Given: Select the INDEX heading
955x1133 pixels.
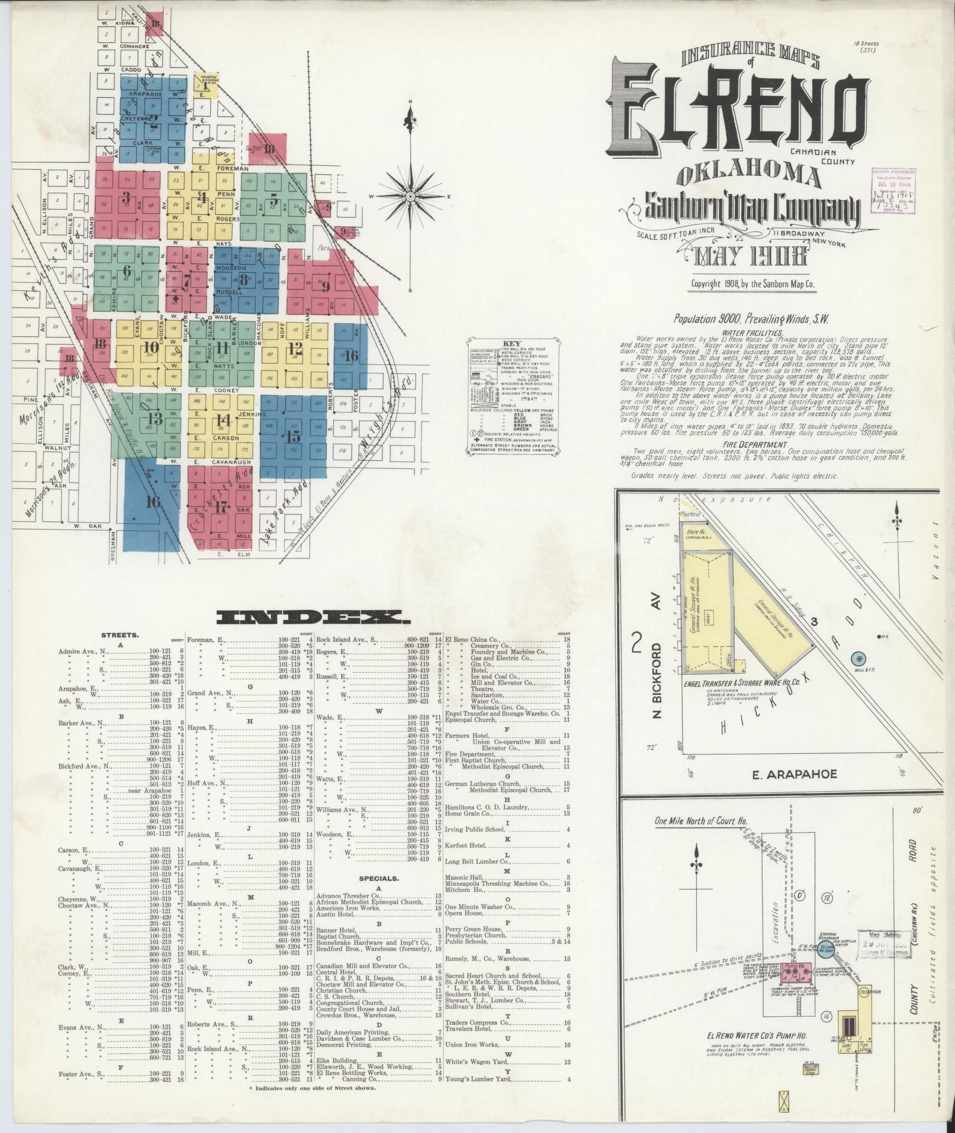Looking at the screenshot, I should coord(314,618).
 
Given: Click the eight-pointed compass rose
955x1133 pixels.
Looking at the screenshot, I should coord(410,196).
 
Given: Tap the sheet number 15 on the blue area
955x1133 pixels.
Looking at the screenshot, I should coord(293,438).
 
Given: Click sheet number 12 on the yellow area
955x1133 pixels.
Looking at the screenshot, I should coord(295,348).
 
